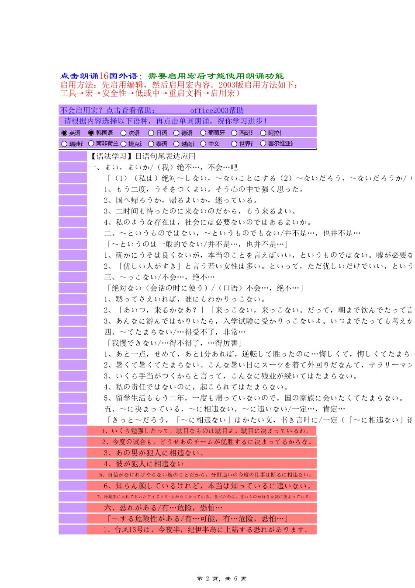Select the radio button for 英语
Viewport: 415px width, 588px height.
tap(64, 133)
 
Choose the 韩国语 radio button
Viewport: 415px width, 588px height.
tap(91, 133)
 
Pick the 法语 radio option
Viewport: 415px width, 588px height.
tap(124, 133)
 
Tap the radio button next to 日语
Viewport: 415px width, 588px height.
tap(151, 133)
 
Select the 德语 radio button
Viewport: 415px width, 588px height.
tap(176, 133)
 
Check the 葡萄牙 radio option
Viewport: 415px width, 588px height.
tap(203, 133)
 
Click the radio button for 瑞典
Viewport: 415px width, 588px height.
tap(64, 143)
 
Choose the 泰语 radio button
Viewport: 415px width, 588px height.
tap(151, 143)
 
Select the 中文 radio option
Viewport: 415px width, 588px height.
tap(203, 143)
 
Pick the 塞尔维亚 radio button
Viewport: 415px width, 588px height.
tap(263, 143)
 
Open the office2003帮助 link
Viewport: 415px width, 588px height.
tap(217, 111)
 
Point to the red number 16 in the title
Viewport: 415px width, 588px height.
tap(104, 76)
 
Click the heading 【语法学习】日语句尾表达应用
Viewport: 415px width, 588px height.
tap(142, 156)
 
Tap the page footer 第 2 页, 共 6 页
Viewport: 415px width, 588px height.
tap(221, 578)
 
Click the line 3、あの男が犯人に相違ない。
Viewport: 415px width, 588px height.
tap(154, 453)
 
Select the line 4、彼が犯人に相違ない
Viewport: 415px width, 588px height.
tap(144, 464)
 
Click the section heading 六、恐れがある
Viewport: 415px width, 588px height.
tap(163, 508)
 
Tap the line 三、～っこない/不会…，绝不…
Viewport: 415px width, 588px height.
tap(159, 277)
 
